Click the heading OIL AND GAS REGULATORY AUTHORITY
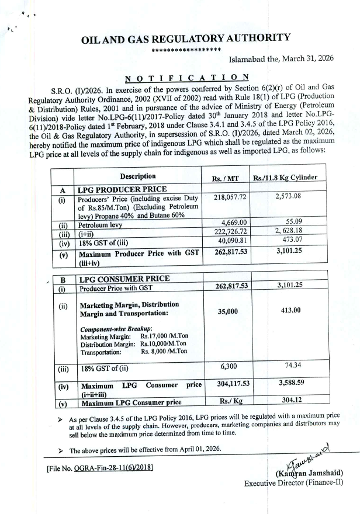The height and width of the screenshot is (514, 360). [186, 39]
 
